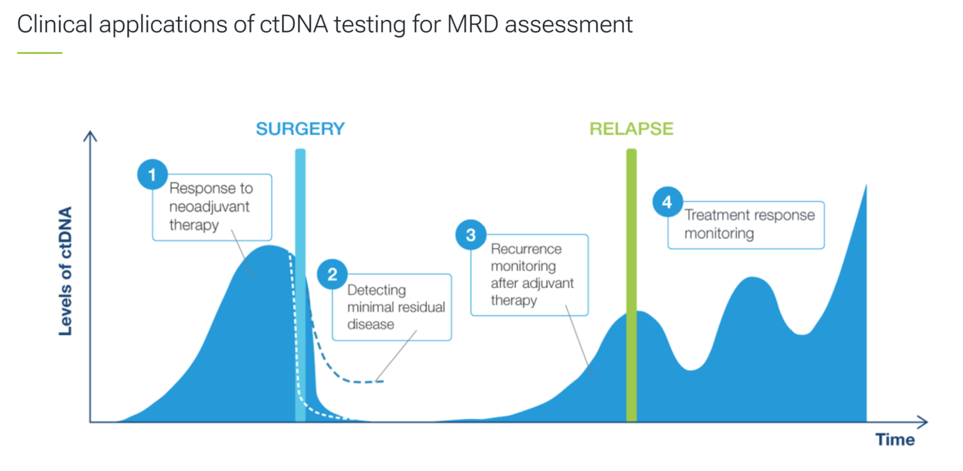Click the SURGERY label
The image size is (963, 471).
(300, 129)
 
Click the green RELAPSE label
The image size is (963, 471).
(631, 129)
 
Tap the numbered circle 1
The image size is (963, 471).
(152, 175)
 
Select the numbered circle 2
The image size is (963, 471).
(332, 275)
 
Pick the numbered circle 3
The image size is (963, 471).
(471, 235)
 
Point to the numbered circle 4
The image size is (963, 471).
(667, 202)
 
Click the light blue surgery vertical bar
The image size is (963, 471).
(300, 282)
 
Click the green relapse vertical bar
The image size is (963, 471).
(631, 282)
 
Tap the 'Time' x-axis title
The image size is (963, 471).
(895, 440)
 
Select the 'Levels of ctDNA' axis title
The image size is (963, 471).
(66, 271)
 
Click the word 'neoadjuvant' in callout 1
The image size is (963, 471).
(209, 207)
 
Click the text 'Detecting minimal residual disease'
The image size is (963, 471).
(396, 307)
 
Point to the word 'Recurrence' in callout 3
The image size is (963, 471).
(526, 249)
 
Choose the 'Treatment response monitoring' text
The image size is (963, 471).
(749, 224)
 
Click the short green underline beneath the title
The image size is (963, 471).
(39, 53)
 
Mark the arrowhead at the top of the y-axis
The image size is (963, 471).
(90, 135)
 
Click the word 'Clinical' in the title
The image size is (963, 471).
(53, 24)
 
